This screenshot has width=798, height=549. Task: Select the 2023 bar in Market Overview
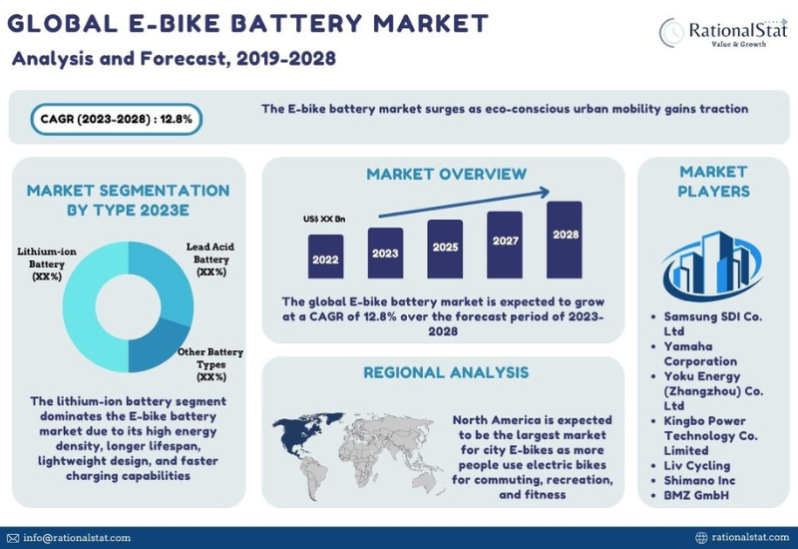click(x=385, y=252)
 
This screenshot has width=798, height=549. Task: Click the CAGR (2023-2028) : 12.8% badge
click(x=117, y=119)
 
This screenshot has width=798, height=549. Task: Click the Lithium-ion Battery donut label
click(x=40, y=264)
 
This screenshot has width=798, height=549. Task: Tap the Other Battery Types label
click(x=211, y=364)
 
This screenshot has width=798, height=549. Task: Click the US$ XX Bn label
click(x=325, y=219)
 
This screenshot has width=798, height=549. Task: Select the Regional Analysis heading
click(x=445, y=372)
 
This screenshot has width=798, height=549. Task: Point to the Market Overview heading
click(x=446, y=174)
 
